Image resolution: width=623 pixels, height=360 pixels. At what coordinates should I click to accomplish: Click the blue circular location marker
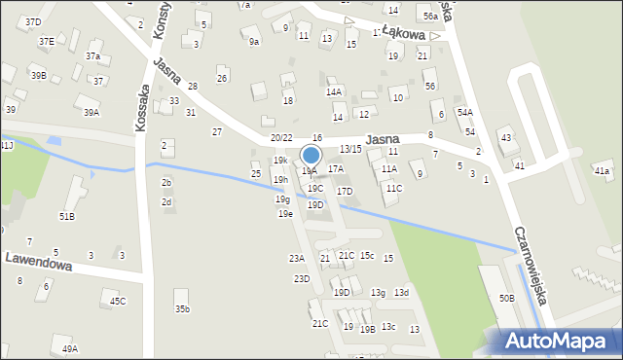click(x=311, y=156)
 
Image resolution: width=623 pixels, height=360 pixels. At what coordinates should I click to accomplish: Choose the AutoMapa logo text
click(x=558, y=341)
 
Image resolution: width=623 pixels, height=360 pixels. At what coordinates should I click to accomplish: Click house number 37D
click(x=34, y=21)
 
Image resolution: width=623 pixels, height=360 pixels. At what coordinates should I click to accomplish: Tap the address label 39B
click(x=38, y=75)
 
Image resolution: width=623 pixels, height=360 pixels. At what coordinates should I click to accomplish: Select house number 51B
click(x=67, y=216)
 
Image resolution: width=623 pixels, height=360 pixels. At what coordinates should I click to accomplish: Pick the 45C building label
click(x=118, y=302)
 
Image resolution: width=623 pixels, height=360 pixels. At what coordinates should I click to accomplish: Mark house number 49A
click(x=70, y=348)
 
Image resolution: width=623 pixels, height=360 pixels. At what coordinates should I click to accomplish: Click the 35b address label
click(x=182, y=309)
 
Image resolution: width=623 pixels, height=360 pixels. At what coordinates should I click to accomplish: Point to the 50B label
click(x=506, y=298)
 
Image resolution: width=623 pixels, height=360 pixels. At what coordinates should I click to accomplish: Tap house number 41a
click(x=602, y=171)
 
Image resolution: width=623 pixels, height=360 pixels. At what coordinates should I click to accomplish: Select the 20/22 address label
click(x=281, y=138)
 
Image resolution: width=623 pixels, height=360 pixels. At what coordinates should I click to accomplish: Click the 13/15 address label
click(x=351, y=149)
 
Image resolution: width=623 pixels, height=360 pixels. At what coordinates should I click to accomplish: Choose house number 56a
click(x=430, y=17)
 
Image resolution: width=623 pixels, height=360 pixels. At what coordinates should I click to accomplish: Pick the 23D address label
click(x=302, y=279)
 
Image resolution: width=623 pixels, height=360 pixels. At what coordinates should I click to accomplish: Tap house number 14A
click(x=334, y=91)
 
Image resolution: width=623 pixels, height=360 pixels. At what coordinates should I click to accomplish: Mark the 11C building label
click(x=393, y=188)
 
